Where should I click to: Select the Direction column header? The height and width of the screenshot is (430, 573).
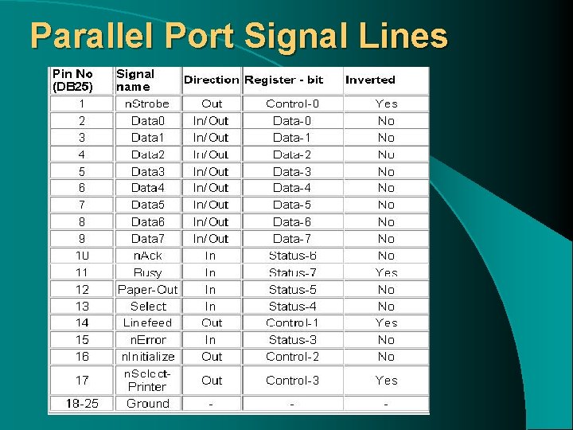coord(211,80)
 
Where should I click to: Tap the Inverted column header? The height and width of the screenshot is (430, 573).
coord(370,80)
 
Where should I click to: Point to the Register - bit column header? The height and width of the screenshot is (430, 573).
coord(284,80)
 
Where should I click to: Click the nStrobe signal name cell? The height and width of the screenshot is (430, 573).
coord(147,104)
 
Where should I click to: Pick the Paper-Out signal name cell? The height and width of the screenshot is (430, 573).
coord(147,290)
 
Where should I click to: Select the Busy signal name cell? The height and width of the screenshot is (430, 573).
coord(147,272)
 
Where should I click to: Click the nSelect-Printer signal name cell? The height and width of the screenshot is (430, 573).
coord(147,380)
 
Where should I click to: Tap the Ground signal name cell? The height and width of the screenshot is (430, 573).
coord(147,404)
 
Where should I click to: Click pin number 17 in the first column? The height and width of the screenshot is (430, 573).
coord(82,380)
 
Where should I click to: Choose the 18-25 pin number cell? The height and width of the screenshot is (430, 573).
coord(82,404)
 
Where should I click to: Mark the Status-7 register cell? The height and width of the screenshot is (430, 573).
coord(292,272)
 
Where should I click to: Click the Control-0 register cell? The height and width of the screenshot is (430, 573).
coord(292,104)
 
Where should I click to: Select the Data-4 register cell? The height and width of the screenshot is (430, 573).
coord(292,188)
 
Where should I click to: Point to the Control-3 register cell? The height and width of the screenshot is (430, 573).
coord(292,381)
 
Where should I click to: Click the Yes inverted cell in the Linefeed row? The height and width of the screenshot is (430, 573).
coord(386,323)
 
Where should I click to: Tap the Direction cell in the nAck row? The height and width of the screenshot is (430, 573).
coord(210,256)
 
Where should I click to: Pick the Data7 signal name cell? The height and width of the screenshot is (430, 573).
coord(147,239)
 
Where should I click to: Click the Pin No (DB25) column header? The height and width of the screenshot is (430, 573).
coord(73,80)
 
